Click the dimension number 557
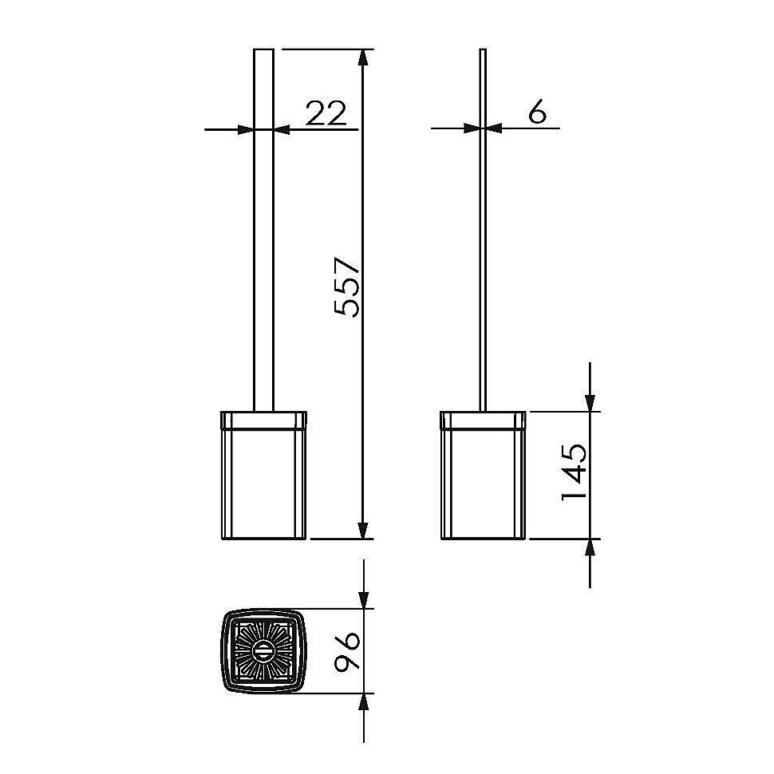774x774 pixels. click(x=346, y=286)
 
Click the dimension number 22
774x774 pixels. click(x=326, y=113)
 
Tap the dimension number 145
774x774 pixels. click(x=574, y=472)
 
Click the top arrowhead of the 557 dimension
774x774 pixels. click(x=363, y=57)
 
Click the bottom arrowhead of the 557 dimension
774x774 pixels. click(x=363, y=530)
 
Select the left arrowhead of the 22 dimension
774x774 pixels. click(x=245, y=130)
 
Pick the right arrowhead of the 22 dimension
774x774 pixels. click(x=282, y=130)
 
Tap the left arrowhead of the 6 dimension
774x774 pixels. click(x=472, y=128)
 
